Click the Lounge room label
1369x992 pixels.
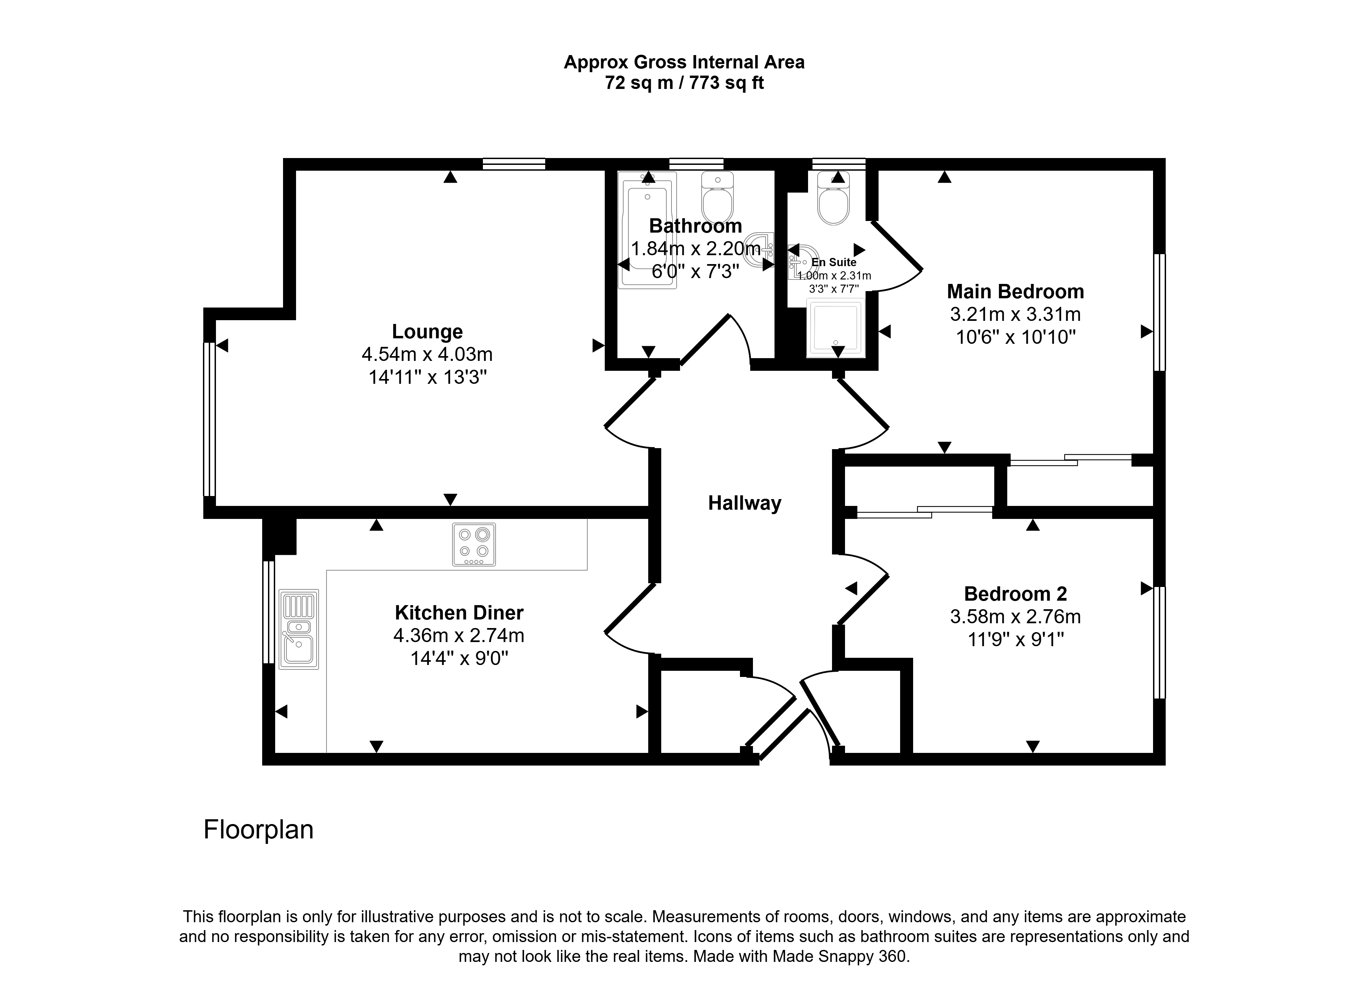427,331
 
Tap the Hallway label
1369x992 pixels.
744,503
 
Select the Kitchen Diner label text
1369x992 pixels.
459,612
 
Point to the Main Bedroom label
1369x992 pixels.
1015,291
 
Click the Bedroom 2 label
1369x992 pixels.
1015,594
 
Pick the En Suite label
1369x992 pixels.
834,262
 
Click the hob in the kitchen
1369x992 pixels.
474,544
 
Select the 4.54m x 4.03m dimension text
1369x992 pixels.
427,354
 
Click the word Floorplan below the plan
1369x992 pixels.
258,830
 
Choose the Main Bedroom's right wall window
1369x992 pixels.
1160,312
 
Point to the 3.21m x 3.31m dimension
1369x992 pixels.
1015,314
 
